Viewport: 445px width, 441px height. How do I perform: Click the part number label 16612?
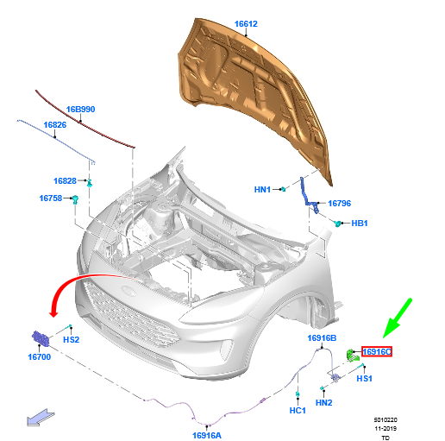pyautogui.click(x=246, y=24)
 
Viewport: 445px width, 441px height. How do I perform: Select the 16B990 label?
pyautogui.click(x=80, y=110)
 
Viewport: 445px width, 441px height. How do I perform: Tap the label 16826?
pyautogui.click(x=55, y=125)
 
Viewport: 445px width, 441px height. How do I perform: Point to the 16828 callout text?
pyautogui.click(x=65, y=181)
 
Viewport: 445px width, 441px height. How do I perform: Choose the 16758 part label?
pyautogui.click(x=51, y=198)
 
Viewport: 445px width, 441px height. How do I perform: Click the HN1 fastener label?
pyautogui.click(x=262, y=190)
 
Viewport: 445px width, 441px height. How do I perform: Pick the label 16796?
pyautogui.click(x=340, y=204)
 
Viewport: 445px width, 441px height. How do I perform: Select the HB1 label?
pyautogui.click(x=360, y=224)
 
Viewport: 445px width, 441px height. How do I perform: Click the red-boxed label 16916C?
pyautogui.click(x=377, y=351)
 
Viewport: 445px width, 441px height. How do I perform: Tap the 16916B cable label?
pyautogui.click(x=322, y=338)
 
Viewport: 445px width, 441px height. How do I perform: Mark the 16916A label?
pyautogui.click(x=207, y=436)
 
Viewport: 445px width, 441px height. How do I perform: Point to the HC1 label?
pyautogui.click(x=298, y=411)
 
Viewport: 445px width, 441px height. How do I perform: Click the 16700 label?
pyautogui.click(x=40, y=357)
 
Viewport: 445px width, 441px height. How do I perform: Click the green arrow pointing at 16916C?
pyautogui.click(x=398, y=318)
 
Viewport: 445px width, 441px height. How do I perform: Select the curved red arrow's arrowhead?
pyautogui.click(x=53, y=313)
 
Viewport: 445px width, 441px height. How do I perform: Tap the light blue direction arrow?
pyautogui.click(x=41, y=418)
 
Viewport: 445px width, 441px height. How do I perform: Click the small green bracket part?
pyautogui.click(x=353, y=355)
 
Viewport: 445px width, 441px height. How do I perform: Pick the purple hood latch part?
pyautogui.click(x=41, y=337)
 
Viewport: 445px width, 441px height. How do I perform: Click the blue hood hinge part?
pyautogui.click(x=309, y=195)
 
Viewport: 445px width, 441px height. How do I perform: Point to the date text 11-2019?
pyautogui.click(x=385, y=429)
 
